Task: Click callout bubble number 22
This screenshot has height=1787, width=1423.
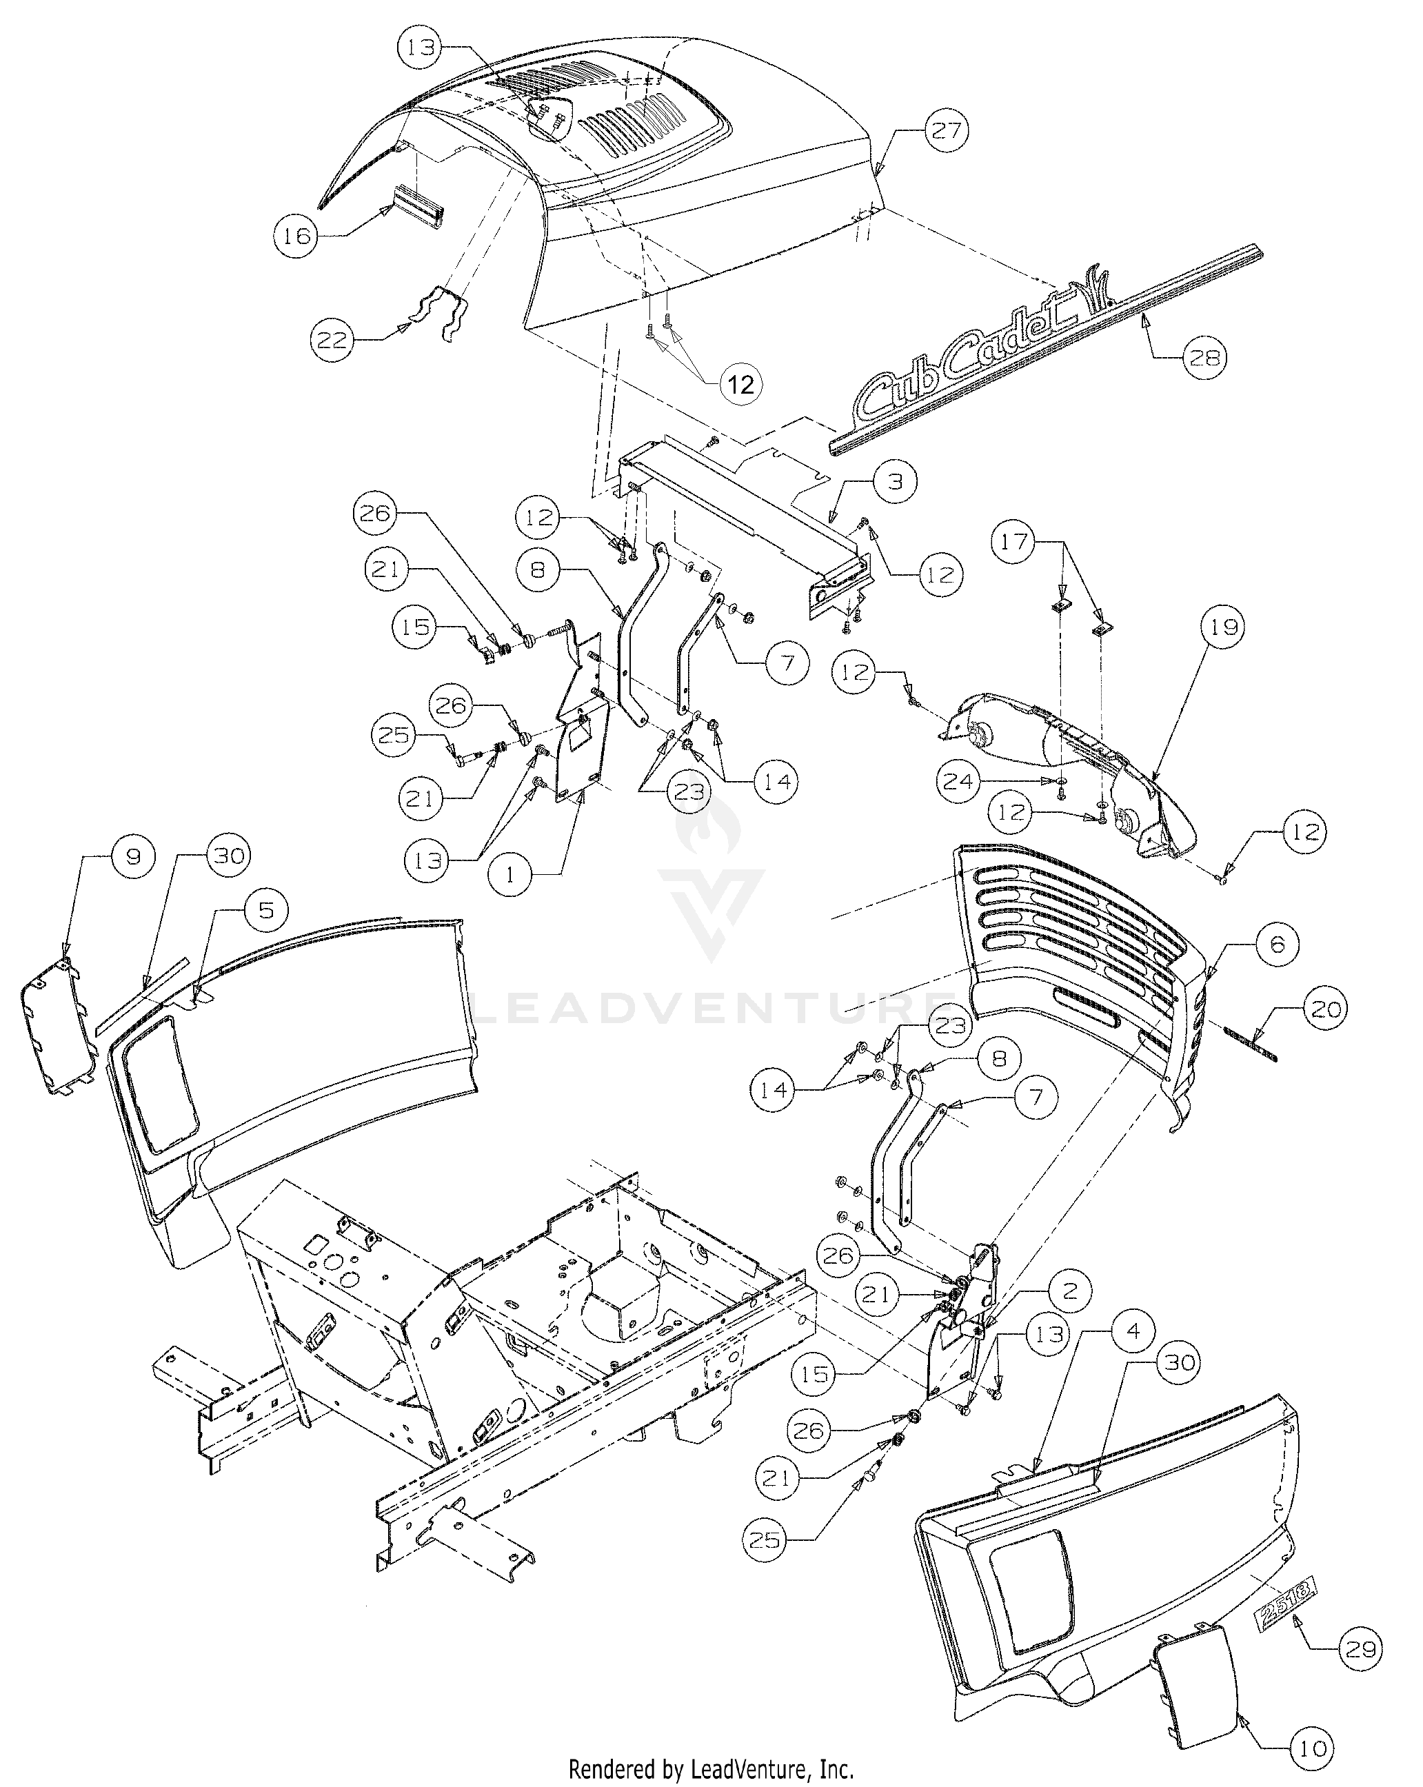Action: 333,339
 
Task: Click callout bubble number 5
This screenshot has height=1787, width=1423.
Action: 265,910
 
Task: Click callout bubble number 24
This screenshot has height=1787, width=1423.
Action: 959,780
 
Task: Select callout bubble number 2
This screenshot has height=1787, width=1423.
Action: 1069,1291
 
